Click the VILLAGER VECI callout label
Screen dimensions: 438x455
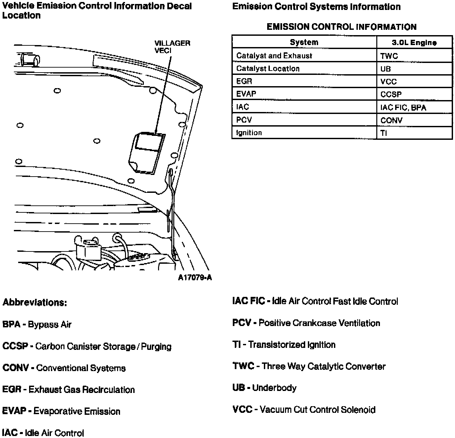(x=172, y=47)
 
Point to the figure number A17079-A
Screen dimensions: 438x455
(x=195, y=278)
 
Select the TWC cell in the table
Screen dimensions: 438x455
(x=389, y=56)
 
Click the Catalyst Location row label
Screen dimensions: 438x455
(x=268, y=69)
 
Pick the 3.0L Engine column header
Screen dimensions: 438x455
(x=414, y=42)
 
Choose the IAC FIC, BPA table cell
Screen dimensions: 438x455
(x=403, y=108)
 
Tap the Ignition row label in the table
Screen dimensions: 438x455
(x=249, y=133)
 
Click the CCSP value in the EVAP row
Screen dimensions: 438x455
(x=391, y=94)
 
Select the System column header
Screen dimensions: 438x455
(x=304, y=42)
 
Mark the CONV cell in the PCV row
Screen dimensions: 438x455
(x=391, y=120)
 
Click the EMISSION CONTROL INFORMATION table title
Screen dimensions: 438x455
(x=342, y=27)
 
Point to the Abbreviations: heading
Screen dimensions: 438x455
(x=35, y=302)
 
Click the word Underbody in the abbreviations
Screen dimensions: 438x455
(x=274, y=388)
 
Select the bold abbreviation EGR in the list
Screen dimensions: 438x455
(x=12, y=390)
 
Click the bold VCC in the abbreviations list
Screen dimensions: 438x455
(x=242, y=410)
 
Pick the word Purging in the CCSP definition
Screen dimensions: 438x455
(x=156, y=347)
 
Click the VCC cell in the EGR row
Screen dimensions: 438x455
(x=388, y=82)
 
